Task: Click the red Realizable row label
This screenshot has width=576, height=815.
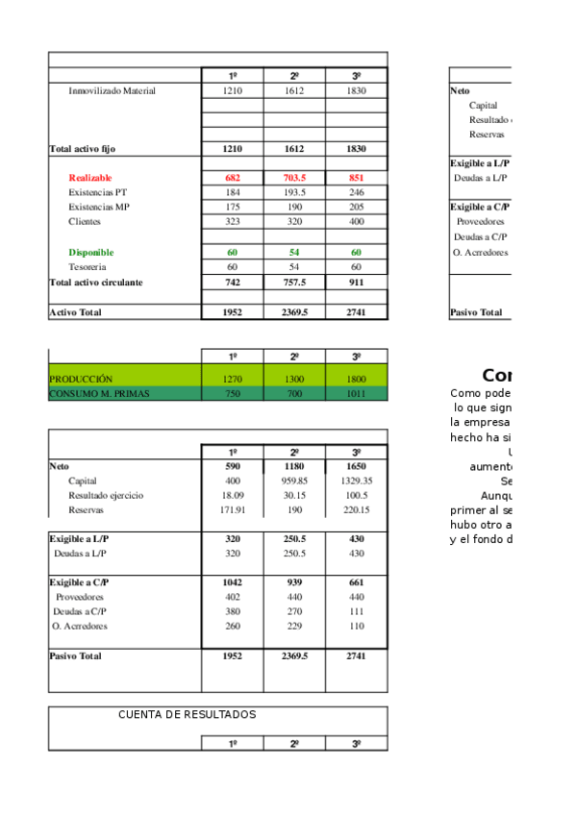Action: (x=90, y=178)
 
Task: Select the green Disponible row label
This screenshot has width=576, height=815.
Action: (x=90, y=253)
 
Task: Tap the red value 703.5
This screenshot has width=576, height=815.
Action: (x=294, y=178)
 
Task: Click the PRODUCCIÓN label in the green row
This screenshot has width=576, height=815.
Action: (x=81, y=380)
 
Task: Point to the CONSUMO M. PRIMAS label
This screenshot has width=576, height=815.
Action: (x=99, y=394)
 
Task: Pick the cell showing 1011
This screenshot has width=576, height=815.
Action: (x=356, y=394)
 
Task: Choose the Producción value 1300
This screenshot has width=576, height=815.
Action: (x=294, y=380)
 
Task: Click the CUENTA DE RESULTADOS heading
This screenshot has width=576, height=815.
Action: (x=188, y=715)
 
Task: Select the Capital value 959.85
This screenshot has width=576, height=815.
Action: (x=294, y=481)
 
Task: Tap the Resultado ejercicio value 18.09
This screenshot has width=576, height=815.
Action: (x=233, y=495)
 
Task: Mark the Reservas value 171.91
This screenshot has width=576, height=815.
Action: (x=233, y=509)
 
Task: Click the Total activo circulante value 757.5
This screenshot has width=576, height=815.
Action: (x=294, y=284)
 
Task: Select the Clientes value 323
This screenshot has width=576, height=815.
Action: (x=233, y=221)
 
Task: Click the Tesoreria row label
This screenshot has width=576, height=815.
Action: (x=88, y=266)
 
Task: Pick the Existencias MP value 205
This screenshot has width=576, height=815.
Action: (x=356, y=207)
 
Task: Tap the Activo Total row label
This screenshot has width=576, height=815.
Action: (x=75, y=312)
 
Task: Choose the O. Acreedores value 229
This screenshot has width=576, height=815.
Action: (x=294, y=626)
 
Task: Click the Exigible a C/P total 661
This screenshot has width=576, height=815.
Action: (x=356, y=582)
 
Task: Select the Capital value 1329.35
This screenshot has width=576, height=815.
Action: (x=356, y=481)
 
